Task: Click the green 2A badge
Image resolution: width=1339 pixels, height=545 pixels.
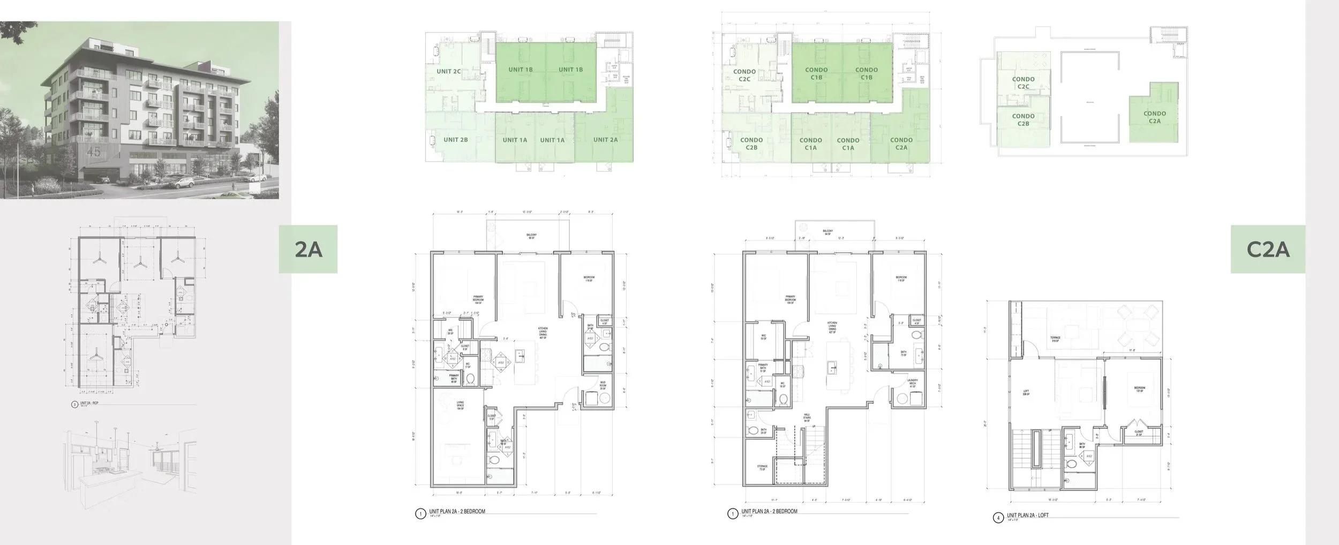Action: click(x=308, y=249)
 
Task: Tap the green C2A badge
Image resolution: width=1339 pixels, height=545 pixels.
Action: click(x=1268, y=249)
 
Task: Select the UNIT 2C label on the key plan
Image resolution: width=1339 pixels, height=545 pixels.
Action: click(x=449, y=71)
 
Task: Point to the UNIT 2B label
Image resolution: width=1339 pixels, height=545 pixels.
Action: click(x=456, y=140)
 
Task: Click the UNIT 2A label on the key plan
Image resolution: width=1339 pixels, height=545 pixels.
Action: click(x=605, y=140)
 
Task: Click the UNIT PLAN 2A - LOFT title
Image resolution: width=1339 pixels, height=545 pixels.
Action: click(x=1027, y=515)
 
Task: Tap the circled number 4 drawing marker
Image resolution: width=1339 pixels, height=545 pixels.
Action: click(x=997, y=518)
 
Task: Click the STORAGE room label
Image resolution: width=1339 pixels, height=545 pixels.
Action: click(x=762, y=467)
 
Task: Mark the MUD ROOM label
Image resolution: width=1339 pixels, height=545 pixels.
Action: click(x=603, y=384)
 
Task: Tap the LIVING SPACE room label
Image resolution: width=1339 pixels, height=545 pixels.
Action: click(x=460, y=405)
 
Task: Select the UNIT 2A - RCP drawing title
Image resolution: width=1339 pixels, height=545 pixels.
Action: click(x=88, y=404)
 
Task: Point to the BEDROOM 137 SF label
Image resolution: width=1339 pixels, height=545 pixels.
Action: click(x=1139, y=389)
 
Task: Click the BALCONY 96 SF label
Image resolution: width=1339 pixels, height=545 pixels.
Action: click(x=531, y=236)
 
